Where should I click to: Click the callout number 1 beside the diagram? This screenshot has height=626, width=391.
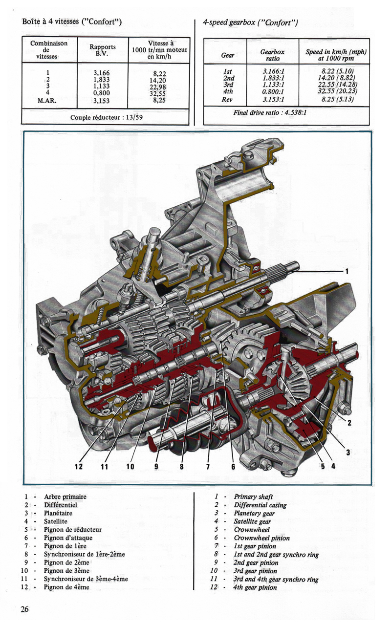[347, 271]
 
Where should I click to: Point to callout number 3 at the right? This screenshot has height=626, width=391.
[348, 452]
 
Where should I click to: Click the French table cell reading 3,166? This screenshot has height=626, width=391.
[105, 73]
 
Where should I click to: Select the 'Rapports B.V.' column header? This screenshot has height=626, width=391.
[103, 50]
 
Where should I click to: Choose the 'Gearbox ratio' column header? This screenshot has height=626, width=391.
[273, 55]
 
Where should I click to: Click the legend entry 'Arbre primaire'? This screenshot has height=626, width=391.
[65, 496]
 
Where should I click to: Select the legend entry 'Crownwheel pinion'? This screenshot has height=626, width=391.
[261, 538]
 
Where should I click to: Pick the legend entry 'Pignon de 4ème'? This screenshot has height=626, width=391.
[66, 587]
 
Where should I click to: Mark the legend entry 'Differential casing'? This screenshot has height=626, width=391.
[260, 505]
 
